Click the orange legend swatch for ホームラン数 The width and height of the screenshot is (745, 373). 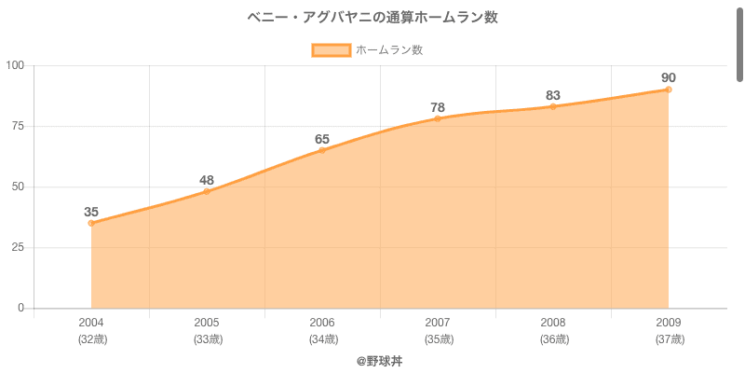(332, 50)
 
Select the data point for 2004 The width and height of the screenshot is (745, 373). (91, 223)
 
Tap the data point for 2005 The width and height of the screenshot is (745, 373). (207, 191)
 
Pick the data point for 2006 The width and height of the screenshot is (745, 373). (322, 150)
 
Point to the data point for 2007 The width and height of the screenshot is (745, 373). (438, 118)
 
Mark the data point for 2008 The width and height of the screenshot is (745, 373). (553, 106)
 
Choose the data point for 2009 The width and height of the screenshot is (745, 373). (669, 90)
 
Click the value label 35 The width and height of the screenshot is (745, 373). (91, 212)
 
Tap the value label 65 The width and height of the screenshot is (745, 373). (322, 139)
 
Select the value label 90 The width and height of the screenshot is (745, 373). (669, 77)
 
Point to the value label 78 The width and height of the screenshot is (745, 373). (438, 107)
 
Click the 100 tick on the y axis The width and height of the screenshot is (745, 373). (15, 65)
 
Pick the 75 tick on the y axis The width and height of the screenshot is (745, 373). (18, 126)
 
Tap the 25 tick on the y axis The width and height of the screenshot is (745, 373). (18, 247)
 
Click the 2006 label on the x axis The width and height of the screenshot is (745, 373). (322, 323)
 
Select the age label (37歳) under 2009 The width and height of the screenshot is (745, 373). (669, 339)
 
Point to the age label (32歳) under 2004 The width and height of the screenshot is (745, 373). (91, 339)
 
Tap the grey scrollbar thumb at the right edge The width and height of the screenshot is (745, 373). (740, 42)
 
